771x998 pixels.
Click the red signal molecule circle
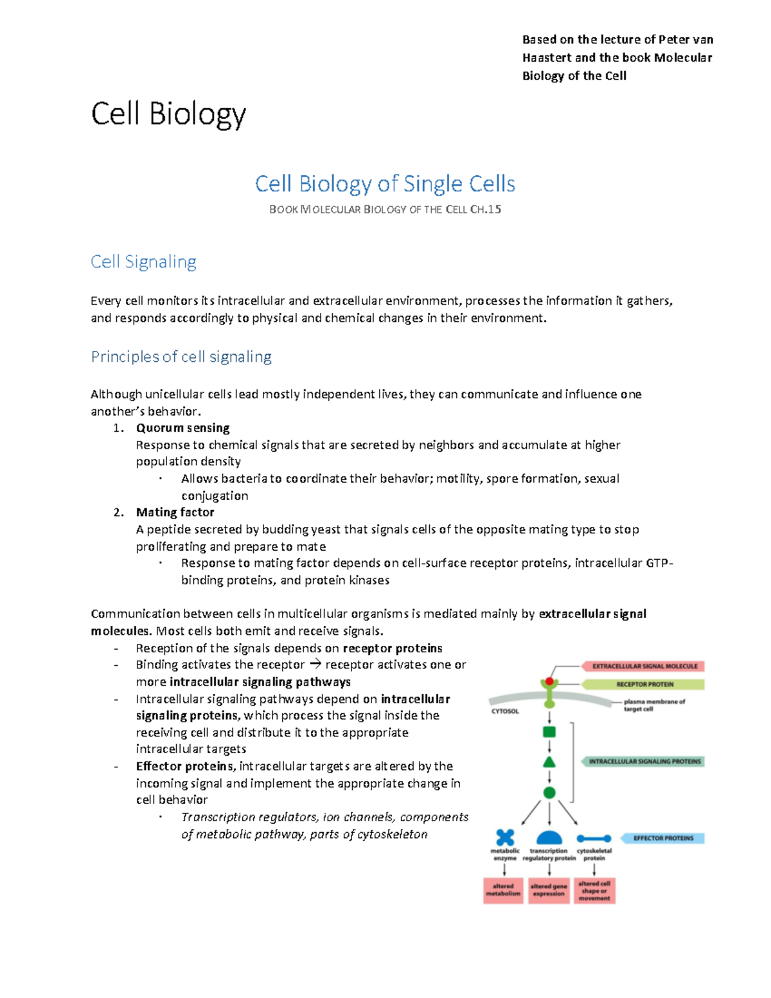point(549,681)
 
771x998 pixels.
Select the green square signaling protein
point(549,732)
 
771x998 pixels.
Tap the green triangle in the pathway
point(549,762)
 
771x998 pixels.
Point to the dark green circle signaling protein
point(549,793)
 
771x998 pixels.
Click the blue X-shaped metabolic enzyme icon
point(505,837)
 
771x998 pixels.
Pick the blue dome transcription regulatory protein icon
point(549,837)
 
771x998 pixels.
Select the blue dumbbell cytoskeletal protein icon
point(594,838)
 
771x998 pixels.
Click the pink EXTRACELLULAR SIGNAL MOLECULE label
point(644,666)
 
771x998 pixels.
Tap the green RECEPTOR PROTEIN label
point(644,684)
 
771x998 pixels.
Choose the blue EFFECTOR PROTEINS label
point(662,838)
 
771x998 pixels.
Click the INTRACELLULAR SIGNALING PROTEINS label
point(644,762)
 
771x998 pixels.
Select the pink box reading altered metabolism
point(503,890)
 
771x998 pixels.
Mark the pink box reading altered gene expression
point(549,890)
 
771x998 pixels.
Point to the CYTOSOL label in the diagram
point(505,711)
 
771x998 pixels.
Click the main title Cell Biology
point(168,114)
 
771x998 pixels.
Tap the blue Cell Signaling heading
point(143,262)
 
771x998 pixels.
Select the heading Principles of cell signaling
point(181,357)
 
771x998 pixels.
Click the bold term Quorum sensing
point(182,428)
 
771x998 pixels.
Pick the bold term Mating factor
point(175,512)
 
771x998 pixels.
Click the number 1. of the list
point(118,428)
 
